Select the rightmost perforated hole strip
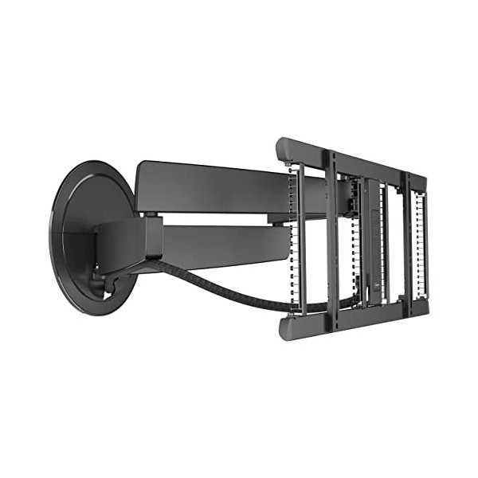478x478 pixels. point(420,239)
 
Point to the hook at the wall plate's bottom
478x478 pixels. point(100,280)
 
